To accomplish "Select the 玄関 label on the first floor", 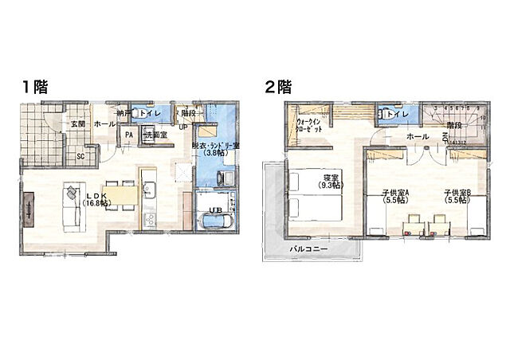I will tap(76, 124).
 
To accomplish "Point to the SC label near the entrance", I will tap(80, 156).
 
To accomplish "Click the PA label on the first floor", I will tap(128, 135).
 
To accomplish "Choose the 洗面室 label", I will tap(155, 135).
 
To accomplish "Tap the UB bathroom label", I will tap(214, 210).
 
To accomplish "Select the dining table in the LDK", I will tap(118, 194).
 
